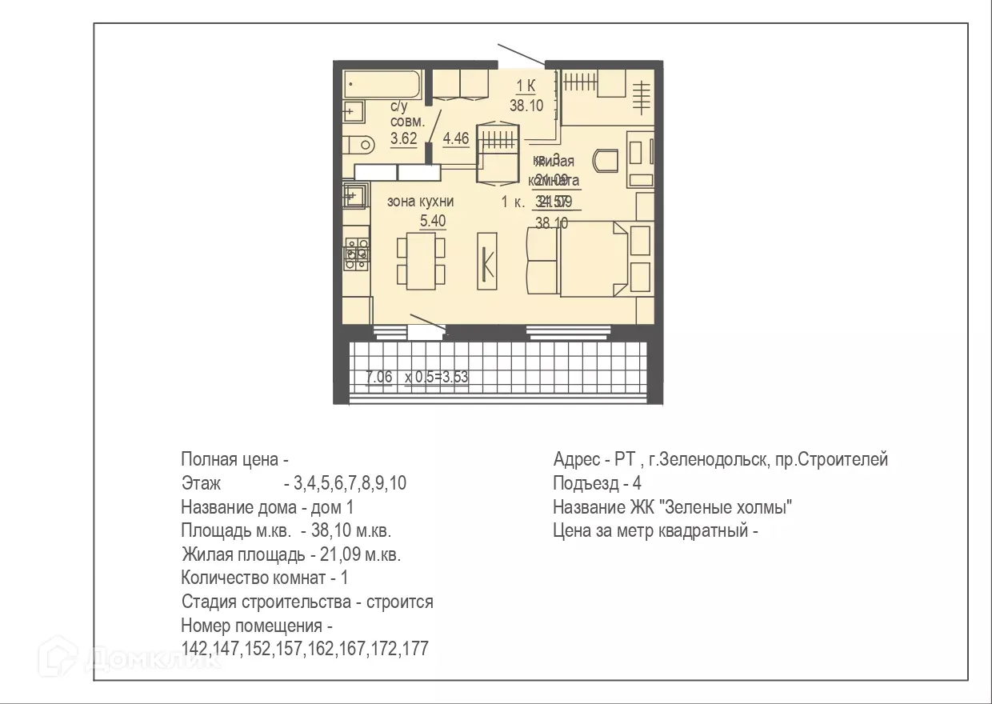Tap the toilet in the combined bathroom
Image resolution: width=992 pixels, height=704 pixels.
point(358,145)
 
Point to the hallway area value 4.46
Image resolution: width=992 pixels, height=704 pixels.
point(455,138)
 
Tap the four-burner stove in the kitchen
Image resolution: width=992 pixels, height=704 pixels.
point(356,251)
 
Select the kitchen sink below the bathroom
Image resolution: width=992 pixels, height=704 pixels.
point(354,194)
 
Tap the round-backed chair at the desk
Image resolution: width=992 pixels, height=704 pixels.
point(606,160)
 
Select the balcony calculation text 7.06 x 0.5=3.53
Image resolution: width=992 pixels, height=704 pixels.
point(416,377)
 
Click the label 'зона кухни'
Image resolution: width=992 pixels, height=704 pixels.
point(420,202)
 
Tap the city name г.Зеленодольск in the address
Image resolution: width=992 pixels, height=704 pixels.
point(698,460)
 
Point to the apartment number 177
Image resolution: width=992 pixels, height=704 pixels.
point(414,648)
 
